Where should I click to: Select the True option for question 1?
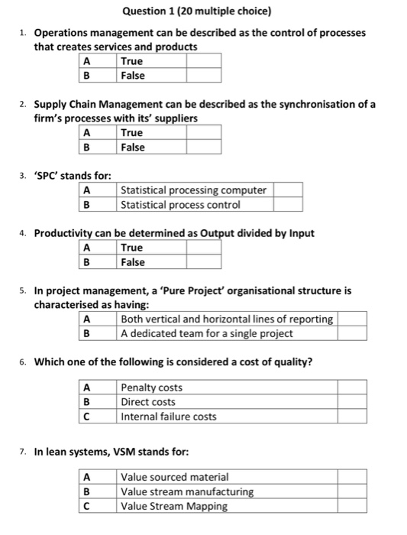pyautogui.click(x=131, y=61)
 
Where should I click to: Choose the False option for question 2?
pyautogui.click(x=133, y=148)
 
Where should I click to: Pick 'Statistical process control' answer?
pyautogui.click(x=180, y=205)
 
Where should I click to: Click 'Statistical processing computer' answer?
pyautogui.click(x=193, y=190)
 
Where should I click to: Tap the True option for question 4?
pyautogui.click(x=131, y=248)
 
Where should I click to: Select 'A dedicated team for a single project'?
pyautogui.click(x=206, y=333)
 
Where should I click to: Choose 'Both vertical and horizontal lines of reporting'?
pyautogui.click(x=227, y=319)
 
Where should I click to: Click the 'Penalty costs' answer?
pyautogui.click(x=152, y=387)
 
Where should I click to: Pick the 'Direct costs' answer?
pyautogui.click(x=148, y=402)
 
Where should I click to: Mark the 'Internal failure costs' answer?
pyautogui.click(x=169, y=417)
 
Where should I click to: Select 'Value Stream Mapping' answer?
pyautogui.click(x=174, y=506)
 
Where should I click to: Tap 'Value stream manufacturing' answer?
pyautogui.click(x=187, y=491)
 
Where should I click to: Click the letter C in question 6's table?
pyautogui.click(x=86, y=417)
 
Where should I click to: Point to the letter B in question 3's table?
pyautogui.click(x=86, y=205)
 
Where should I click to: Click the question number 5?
pyautogui.click(x=24, y=290)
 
